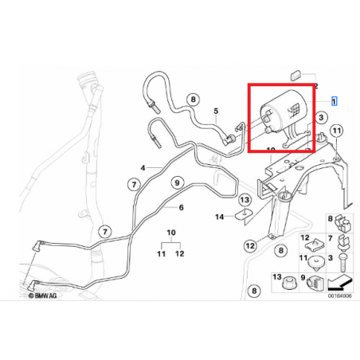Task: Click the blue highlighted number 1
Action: pos(334,101)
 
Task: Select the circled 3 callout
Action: pos(321,117)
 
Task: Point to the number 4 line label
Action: pos(143,168)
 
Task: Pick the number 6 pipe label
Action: pos(181,208)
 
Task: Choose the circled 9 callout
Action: pos(176,182)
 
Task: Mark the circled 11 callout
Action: pos(336,131)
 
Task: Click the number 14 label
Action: pos(219,216)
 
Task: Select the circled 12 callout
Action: pos(249,246)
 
